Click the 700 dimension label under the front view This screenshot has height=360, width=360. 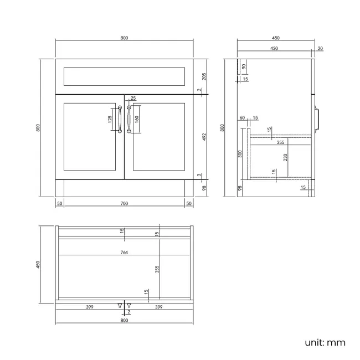[124, 204]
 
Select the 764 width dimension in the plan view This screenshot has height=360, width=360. [124, 252]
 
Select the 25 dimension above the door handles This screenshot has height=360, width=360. [133, 99]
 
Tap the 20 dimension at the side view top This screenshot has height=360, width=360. [321, 49]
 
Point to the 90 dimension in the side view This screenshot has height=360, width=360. [245, 68]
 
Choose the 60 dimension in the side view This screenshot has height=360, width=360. [242, 118]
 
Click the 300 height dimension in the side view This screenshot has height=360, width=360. [240, 153]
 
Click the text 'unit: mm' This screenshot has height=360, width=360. [325, 342]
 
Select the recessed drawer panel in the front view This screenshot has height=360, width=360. [124, 76]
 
